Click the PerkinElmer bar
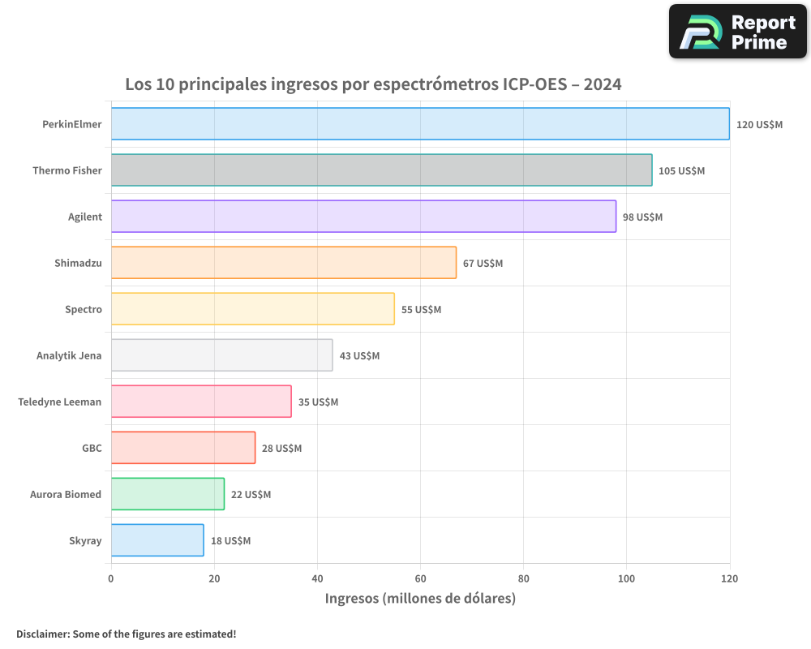tap(420, 124)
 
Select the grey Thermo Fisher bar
tap(381, 170)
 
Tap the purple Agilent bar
tap(363, 217)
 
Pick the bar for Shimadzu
tap(284, 263)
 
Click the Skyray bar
tap(157, 540)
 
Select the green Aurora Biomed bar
tap(168, 494)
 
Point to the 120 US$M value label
tap(759, 125)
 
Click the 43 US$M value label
tap(359, 356)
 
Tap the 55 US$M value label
tap(421, 310)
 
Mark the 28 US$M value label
tap(281, 449)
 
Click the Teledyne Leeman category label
tap(60, 402)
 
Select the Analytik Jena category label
tap(69, 356)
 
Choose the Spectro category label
tap(84, 310)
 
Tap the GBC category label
tap(92, 449)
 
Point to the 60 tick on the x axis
tap(420, 579)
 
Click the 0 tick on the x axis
tap(111, 579)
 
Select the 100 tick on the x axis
tap(626, 579)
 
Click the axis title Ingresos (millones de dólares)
tap(420, 600)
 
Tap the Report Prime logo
tap(738, 32)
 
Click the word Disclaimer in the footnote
tap(42, 634)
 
